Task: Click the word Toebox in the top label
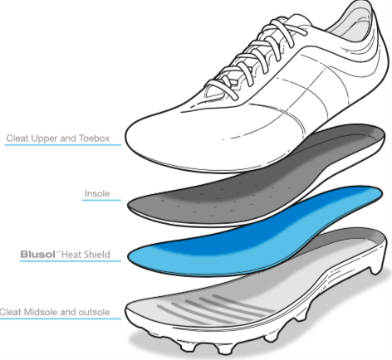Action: point(95,139)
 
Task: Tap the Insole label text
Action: point(97,193)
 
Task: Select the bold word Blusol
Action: point(38,255)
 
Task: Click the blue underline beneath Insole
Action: point(101,200)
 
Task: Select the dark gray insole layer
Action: point(255,177)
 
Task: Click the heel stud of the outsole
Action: point(375,269)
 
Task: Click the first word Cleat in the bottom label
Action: point(11,312)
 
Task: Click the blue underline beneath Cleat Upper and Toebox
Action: point(63,144)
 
